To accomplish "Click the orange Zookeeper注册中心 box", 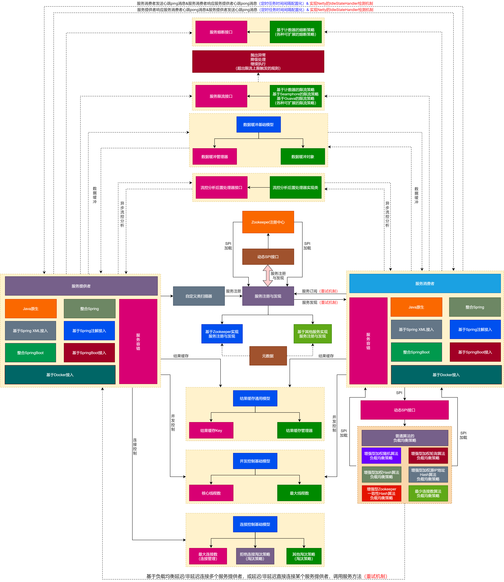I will (x=268, y=222).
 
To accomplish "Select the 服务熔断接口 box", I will (x=221, y=32).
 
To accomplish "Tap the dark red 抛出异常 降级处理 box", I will (x=258, y=62).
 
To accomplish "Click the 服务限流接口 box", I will (x=221, y=96).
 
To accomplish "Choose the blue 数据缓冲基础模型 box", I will (x=258, y=124).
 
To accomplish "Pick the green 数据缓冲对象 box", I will (x=303, y=157).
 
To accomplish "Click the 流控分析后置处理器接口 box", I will (x=221, y=188).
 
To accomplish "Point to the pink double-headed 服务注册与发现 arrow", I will (x=267, y=276).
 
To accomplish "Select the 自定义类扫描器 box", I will (x=199, y=296).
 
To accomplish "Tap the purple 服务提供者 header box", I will (x=81, y=286).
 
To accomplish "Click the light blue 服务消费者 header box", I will (x=425, y=283).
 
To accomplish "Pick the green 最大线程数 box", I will (x=299, y=493).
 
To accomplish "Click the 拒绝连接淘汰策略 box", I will (x=255, y=556).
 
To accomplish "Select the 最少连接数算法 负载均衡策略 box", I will (x=428, y=493).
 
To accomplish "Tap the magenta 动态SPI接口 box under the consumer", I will (x=404, y=410).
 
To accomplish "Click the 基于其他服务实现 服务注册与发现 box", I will (x=312, y=334).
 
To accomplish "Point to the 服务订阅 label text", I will (x=309, y=291).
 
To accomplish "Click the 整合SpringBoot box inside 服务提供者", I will (x=30, y=353).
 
